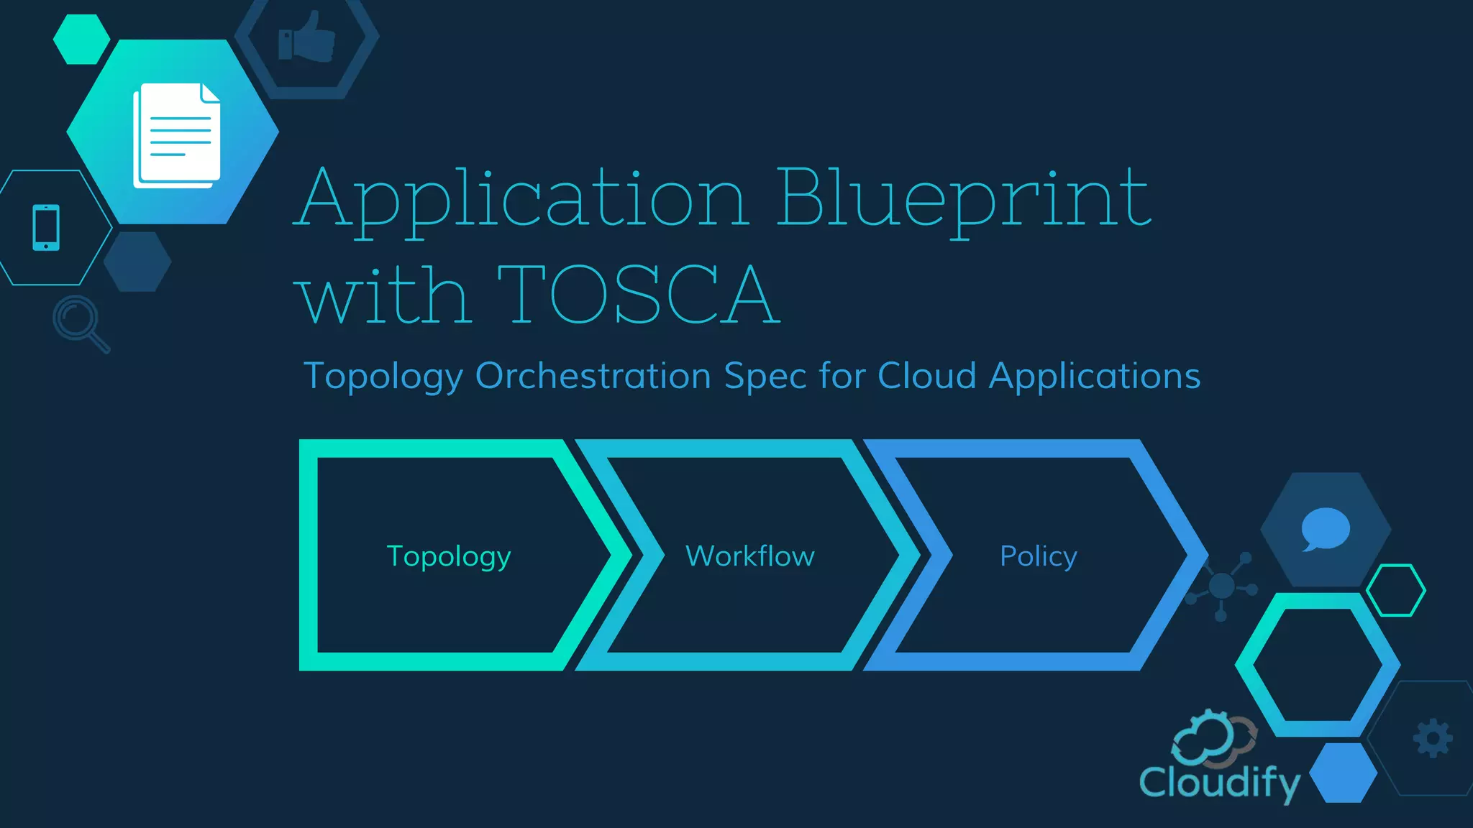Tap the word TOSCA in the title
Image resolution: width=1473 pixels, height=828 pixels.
point(639,295)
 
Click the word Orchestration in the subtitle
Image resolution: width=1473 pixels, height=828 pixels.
point(593,376)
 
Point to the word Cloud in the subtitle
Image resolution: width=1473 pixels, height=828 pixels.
point(926,376)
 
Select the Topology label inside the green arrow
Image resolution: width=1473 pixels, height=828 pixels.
point(449,556)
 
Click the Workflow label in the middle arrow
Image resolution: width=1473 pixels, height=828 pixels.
point(750,556)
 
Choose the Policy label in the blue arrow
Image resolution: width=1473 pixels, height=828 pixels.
point(1039,556)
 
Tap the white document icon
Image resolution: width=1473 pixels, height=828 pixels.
point(177,135)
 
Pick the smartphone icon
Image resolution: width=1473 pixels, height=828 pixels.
point(46,228)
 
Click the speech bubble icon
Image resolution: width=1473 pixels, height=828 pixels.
point(1326,529)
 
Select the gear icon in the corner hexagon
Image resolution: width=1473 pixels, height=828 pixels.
point(1433,738)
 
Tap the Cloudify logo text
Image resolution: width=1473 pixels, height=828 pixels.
point(1220,782)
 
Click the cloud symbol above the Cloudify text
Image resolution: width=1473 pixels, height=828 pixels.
point(1213,737)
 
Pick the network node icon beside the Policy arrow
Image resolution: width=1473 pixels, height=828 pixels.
point(1222,586)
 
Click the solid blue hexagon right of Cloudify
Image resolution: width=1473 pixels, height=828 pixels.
point(1343,773)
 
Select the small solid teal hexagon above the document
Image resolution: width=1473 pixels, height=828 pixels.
point(81,40)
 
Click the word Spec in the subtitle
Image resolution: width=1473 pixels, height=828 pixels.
point(765,376)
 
